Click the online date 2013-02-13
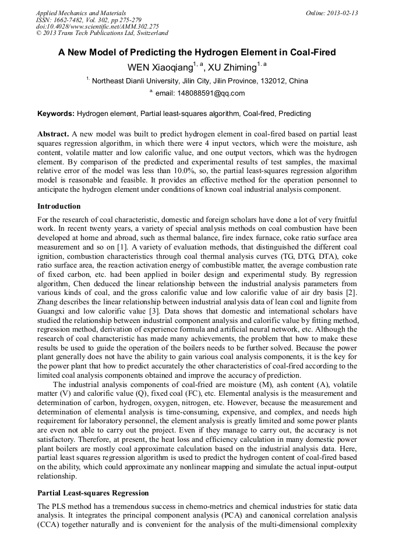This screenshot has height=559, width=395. (x=344, y=13)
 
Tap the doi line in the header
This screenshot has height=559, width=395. (x=97, y=27)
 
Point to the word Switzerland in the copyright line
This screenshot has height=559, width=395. (x=149, y=34)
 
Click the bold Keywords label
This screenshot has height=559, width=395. (x=56, y=113)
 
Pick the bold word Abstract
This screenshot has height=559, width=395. (x=54, y=133)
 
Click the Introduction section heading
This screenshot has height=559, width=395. (x=59, y=206)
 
